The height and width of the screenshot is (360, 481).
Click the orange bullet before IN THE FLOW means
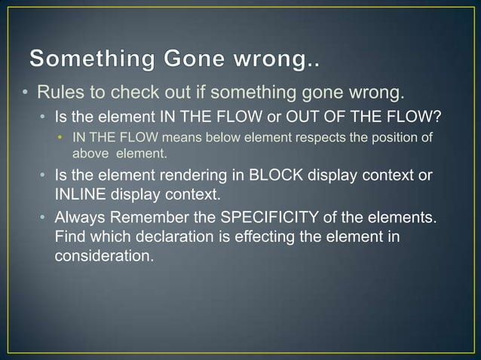point(60,139)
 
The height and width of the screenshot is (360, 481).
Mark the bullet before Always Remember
point(44,218)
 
